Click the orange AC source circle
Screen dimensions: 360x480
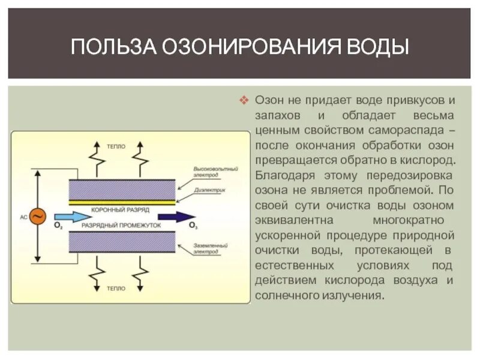37,217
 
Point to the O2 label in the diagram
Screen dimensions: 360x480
58,226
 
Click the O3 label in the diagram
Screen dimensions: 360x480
193,226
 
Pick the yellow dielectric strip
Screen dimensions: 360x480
122,202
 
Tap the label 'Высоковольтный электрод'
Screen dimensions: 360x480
215,172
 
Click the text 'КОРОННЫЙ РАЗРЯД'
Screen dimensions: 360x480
120,210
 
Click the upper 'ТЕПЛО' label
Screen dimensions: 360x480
116,146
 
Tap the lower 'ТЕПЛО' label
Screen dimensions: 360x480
116,288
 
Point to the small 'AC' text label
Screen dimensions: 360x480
23,217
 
